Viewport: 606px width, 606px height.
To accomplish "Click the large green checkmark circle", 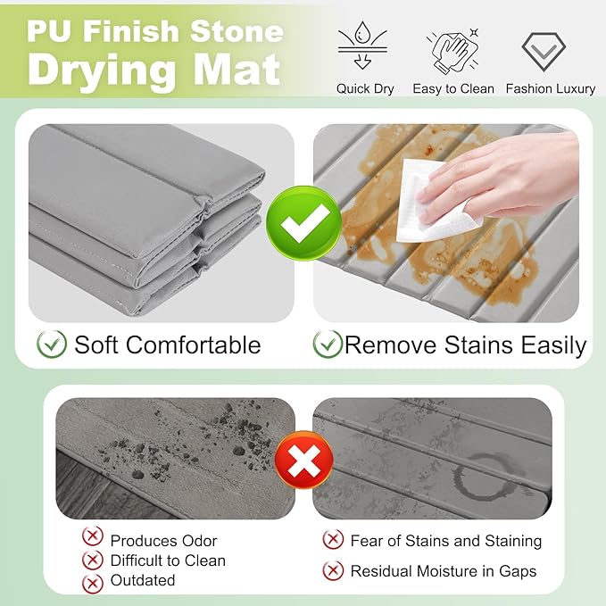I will click(x=304, y=223).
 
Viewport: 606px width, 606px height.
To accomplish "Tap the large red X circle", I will click(x=304, y=460).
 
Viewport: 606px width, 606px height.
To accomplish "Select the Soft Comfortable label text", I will click(x=167, y=345).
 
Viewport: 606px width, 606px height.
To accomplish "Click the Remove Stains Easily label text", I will click(x=465, y=345).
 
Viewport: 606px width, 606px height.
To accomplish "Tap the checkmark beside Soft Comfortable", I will click(x=52, y=345).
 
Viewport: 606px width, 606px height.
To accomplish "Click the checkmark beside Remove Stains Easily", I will click(x=328, y=345).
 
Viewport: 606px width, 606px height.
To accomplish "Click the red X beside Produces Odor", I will click(x=92, y=537).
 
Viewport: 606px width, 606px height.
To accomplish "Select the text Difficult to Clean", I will click(x=168, y=560).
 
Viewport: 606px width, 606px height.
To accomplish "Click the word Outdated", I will click(x=143, y=581).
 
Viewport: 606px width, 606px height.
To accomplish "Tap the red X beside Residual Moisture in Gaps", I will click(x=333, y=570).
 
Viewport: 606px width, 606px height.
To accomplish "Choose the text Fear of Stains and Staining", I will click(x=445, y=541).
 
